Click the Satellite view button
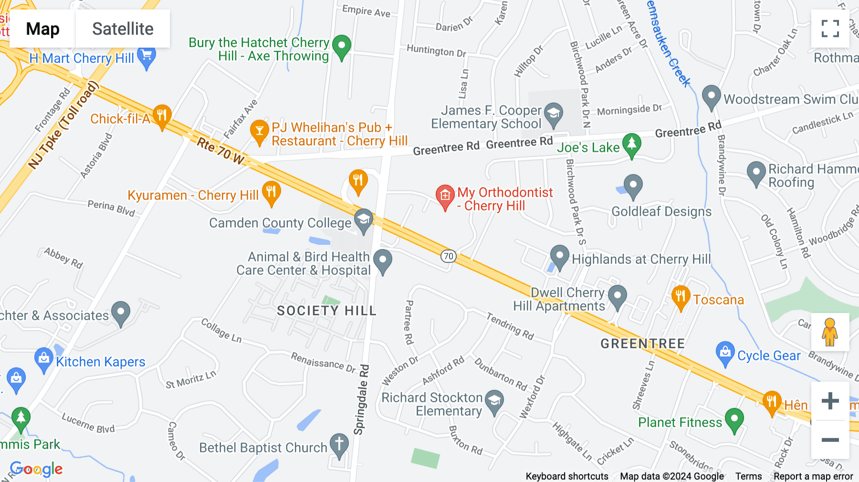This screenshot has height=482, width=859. [123, 29]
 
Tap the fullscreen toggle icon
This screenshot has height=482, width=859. [830, 29]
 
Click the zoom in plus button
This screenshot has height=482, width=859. [830, 400]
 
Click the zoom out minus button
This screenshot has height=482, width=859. [830, 440]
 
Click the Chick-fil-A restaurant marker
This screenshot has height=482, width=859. [162, 115]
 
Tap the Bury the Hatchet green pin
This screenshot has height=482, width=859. [342, 46]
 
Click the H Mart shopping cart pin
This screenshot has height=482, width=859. [147, 57]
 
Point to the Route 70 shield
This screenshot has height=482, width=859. [448, 256]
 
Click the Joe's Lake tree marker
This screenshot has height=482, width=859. [632, 144]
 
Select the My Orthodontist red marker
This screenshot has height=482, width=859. [445, 196]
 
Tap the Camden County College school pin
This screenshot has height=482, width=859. [363, 220]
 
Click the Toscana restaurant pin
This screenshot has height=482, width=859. [681, 296]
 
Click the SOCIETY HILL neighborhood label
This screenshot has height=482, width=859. [327, 311]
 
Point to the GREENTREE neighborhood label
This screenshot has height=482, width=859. [642, 344]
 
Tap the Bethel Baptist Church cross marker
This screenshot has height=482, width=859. [339, 444]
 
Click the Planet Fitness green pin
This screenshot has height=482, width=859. [734, 419]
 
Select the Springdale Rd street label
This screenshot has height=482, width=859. [362, 400]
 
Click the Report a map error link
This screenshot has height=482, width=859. [813, 476]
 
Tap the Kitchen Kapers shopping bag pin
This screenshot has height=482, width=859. [44, 358]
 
